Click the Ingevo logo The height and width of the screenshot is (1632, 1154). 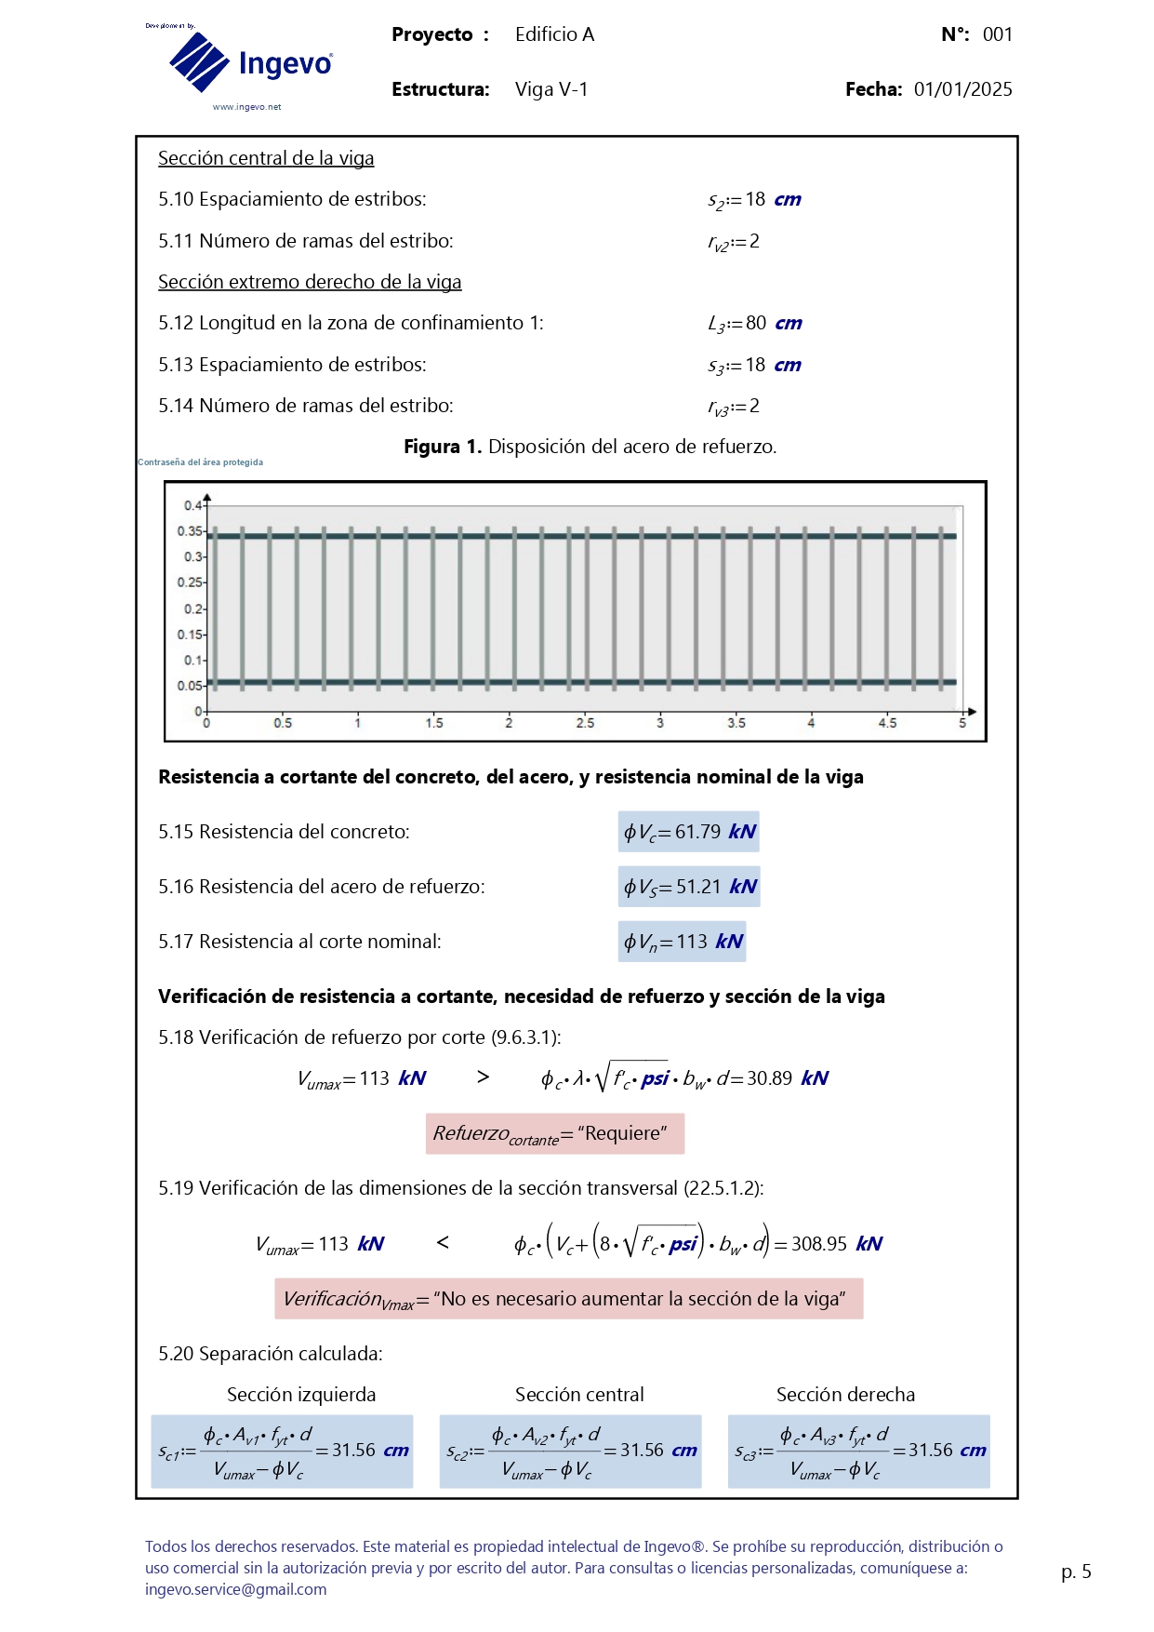(x=249, y=63)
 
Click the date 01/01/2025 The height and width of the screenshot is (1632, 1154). (x=962, y=89)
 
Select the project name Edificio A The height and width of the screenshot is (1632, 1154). (x=554, y=34)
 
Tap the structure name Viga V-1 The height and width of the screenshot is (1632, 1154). (x=551, y=89)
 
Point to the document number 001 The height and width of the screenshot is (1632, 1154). (x=997, y=34)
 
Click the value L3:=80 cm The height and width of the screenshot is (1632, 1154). (x=754, y=324)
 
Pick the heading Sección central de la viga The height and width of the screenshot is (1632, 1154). (x=266, y=158)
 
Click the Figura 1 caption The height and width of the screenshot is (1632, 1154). (x=590, y=447)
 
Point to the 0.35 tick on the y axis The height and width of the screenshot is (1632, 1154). (x=190, y=531)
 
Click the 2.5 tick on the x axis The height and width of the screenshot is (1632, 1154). (x=585, y=723)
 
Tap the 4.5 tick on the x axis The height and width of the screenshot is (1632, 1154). (x=887, y=723)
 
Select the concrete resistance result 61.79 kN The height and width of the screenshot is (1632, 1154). (x=689, y=832)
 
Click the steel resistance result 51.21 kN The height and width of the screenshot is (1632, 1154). (x=689, y=887)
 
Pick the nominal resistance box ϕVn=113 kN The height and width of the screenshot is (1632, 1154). (x=683, y=942)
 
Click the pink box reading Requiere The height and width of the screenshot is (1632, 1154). (x=555, y=1133)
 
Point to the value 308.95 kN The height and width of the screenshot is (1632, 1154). (x=836, y=1244)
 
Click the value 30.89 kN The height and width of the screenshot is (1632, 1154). (x=787, y=1078)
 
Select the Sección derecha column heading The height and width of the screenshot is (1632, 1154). (x=845, y=1395)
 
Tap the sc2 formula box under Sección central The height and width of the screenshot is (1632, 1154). (x=570, y=1451)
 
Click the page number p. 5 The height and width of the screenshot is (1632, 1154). (x=1076, y=1572)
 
